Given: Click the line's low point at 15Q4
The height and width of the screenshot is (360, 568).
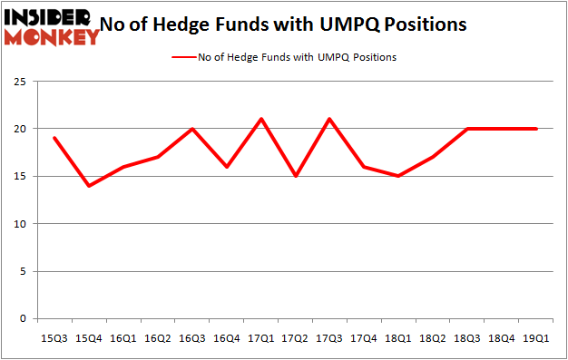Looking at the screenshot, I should click(88, 186).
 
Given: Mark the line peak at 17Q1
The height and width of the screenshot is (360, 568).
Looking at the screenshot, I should click(260, 119).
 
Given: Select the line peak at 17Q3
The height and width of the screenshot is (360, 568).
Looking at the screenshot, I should click(329, 119).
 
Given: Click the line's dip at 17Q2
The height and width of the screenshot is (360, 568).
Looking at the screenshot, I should click(295, 176).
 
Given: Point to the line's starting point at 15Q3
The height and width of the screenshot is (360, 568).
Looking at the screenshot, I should click(54, 138).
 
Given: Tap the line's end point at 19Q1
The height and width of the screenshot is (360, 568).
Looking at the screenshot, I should click(536, 129).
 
